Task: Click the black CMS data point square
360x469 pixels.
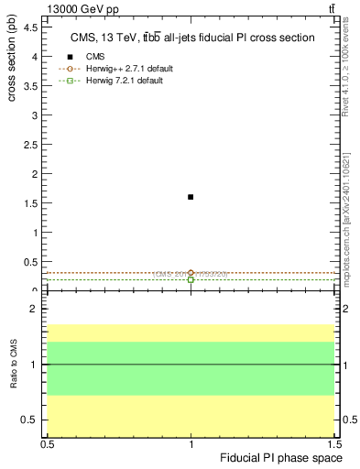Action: click(x=191, y=197)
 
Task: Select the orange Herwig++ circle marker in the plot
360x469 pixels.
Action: click(x=191, y=273)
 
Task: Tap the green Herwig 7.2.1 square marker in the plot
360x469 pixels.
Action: click(x=191, y=279)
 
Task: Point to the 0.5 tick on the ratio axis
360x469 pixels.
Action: click(x=31, y=420)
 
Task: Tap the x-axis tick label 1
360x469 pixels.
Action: click(x=191, y=443)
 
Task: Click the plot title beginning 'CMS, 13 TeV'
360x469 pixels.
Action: click(x=192, y=38)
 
